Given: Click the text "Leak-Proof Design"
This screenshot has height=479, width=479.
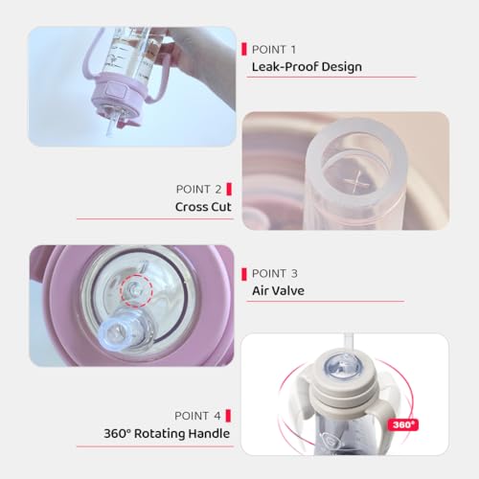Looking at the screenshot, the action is click(x=307, y=67).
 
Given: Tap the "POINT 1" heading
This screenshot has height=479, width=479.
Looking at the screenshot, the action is click(x=274, y=50).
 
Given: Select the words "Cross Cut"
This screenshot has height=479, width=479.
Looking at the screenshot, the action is click(x=203, y=207).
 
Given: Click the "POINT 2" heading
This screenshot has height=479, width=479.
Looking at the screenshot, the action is click(x=198, y=189).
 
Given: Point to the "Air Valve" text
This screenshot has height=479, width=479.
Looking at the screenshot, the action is click(x=278, y=290).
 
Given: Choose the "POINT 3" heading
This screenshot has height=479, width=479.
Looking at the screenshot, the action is click(x=275, y=273).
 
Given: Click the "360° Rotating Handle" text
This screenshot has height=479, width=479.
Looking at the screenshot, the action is click(x=167, y=434).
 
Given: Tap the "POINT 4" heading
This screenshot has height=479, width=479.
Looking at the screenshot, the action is click(x=197, y=416).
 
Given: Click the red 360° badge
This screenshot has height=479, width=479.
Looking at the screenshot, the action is click(x=403, y=424).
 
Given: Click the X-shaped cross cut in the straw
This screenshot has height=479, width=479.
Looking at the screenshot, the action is click(x=356, y=182).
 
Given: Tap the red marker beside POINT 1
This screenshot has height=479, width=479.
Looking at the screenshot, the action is click(x=244, y=50).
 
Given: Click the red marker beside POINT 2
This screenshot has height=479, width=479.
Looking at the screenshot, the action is click(x=229, y=189).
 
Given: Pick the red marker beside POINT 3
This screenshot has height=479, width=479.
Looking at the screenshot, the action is click(x=244, y=274).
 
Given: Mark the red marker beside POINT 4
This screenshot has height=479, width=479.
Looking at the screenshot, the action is click(x=228, y=416).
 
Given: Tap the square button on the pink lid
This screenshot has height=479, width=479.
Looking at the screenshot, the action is click(x=116, y=91).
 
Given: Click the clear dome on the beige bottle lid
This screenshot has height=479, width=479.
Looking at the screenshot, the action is click(x=343, y=367).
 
